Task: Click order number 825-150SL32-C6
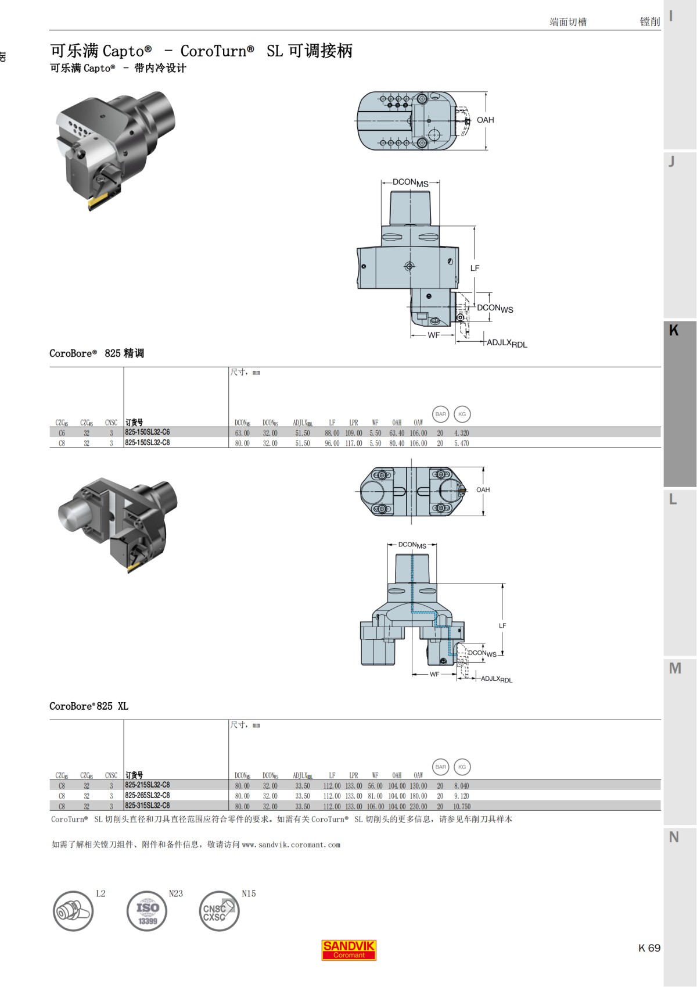[x=148, y=432]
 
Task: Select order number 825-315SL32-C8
[x=148, y=806]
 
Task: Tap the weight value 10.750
[x=462, y=807]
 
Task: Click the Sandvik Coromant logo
[x=349, y=950]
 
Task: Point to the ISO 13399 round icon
[x=147, y=911]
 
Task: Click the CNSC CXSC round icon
[x=219, y=911]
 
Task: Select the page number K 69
[x=649, y=948]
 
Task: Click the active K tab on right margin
[x=680, y=404]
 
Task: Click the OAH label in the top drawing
[x=485, y=120]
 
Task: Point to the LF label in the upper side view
[x=475, y=268]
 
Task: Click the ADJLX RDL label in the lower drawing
[x=497, y=679]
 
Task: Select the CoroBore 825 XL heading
[x=89, y=706]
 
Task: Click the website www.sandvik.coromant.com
[x=291, y=845]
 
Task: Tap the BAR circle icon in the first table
[x=441, y=414]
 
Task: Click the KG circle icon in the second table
[x=462, y=767]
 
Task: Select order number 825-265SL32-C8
[x=148, y=795]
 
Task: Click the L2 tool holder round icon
[x=73, y=911]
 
